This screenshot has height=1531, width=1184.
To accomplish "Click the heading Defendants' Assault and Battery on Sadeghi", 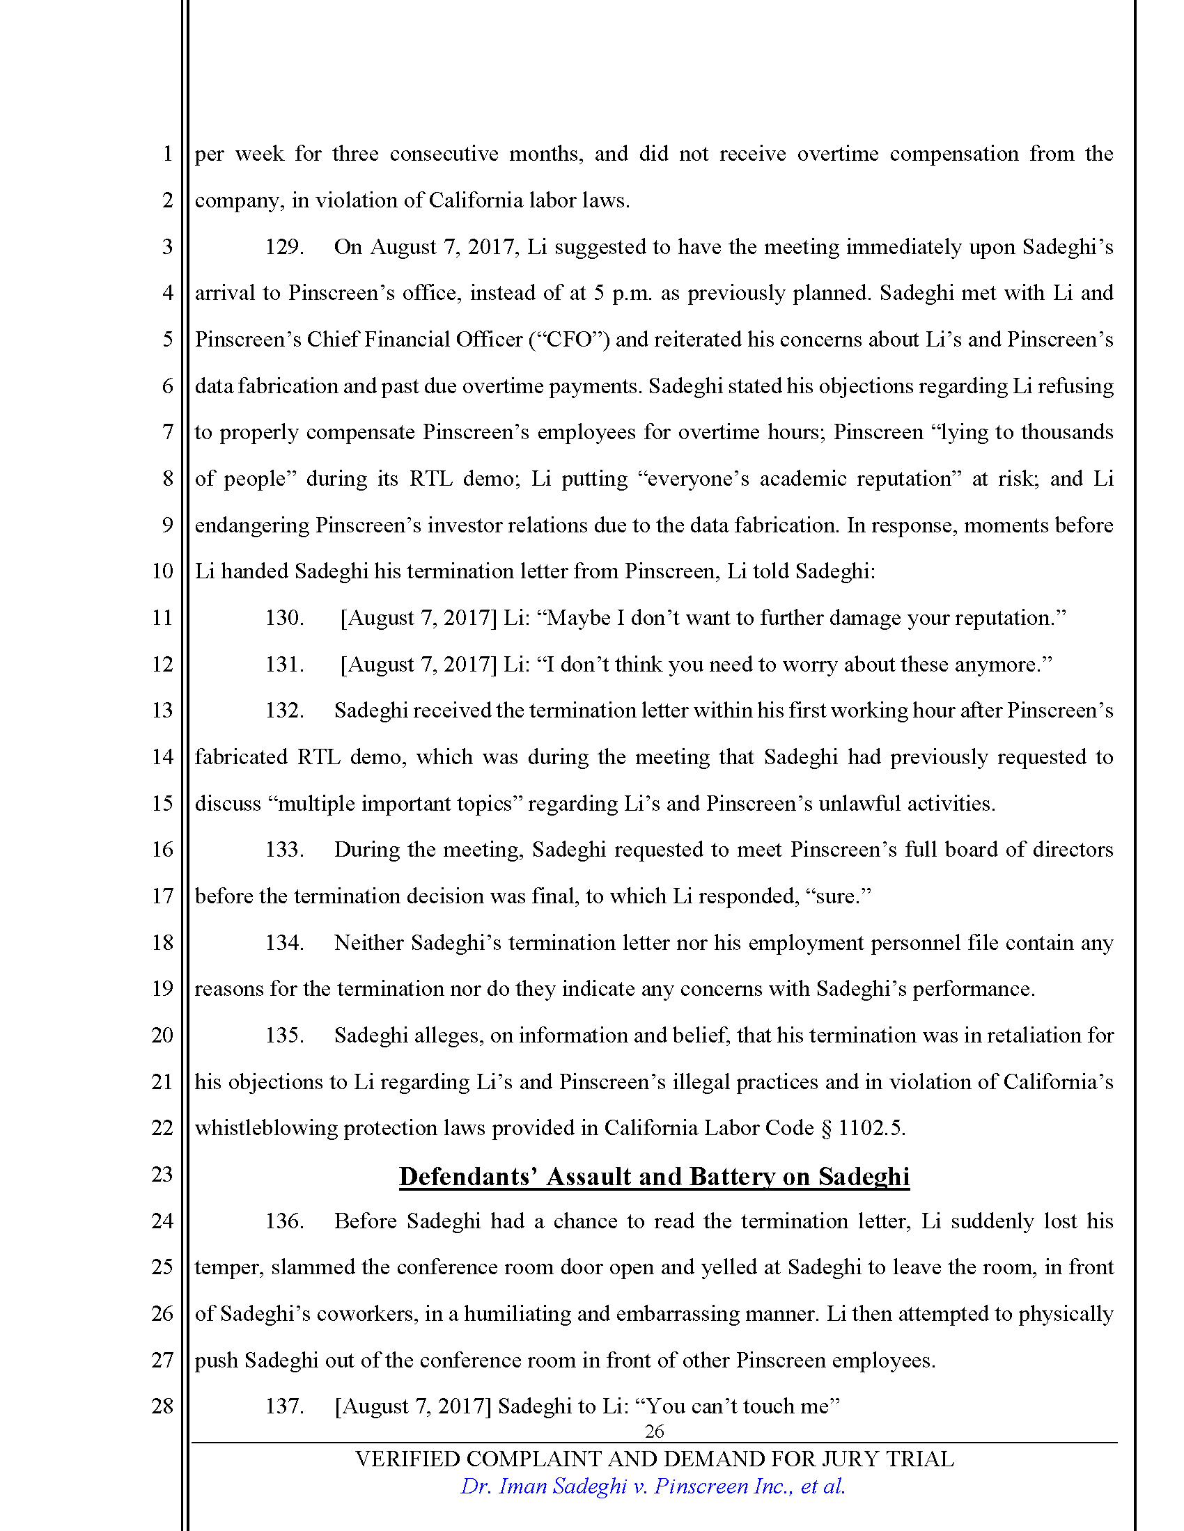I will point(654,1176).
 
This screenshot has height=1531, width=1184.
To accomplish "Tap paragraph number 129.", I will point(284,247).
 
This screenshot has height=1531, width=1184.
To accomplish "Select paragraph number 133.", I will point(284,850).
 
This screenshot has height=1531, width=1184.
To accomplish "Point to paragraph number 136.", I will point(284,1221).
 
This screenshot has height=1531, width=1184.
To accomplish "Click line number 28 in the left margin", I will point(162,1406).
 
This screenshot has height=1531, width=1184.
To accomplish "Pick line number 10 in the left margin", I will point(162,571).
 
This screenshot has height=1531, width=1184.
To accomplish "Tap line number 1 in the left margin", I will point(167,154).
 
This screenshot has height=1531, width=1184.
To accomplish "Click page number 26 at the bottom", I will point(654,1431).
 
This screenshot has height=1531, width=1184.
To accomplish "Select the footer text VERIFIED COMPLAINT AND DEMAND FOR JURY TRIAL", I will point(654,1459).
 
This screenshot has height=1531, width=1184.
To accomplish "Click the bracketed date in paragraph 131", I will point(418,665).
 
